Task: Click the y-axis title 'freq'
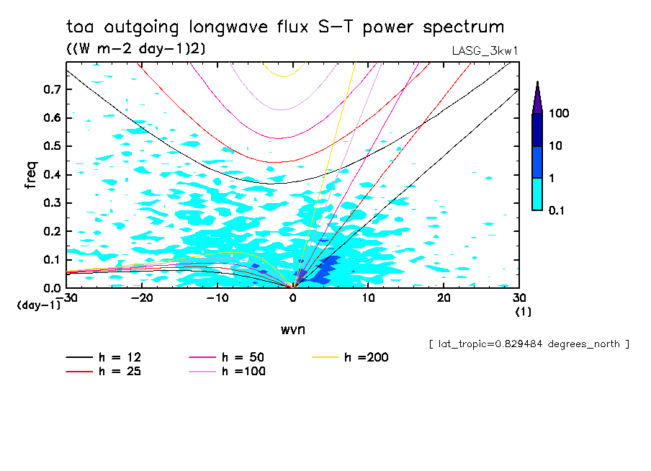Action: coord(30,175)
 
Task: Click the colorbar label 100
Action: coord(559,114)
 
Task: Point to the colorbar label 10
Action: coord(556,146)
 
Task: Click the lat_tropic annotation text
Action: coord(529,344)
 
